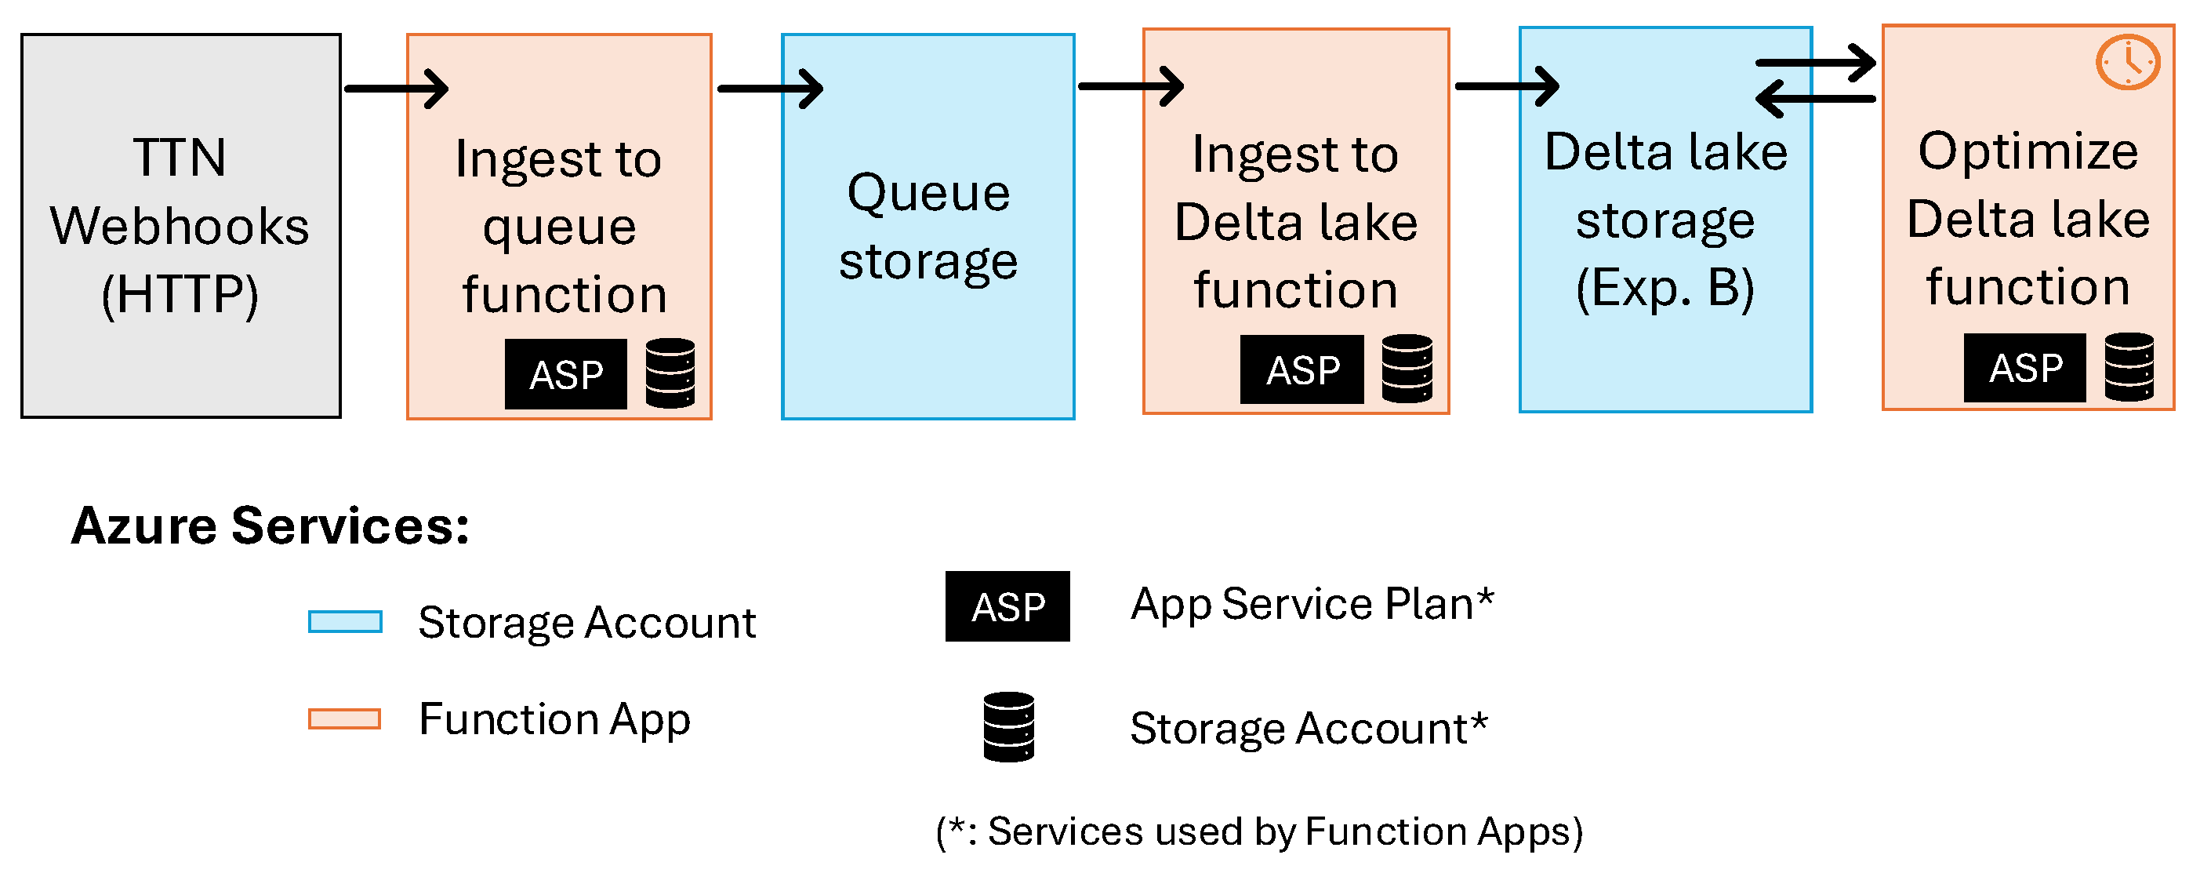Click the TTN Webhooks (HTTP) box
coord(181,226)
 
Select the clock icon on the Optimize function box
coord(2127,61)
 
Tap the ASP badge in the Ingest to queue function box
coord(565,374)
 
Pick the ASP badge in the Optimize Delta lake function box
coord(2025,368)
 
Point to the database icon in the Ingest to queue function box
coord(670,373)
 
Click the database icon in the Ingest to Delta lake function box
coord(1407,369)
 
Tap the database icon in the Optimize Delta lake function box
coord(2129,367)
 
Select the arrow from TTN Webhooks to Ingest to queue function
coord(396,88)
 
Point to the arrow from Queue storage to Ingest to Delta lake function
coord(1131,85)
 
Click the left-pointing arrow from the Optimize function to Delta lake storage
coord(1815,98)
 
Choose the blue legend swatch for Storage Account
coord(345,621)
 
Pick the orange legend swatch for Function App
coord(345,718)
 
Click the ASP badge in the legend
coord(1007,606)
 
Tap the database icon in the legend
coord(1008,727)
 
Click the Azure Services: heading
coord(270,526)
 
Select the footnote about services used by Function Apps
coord(1260,832)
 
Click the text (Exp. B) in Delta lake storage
coord(1665,288)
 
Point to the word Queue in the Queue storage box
coord(928,193)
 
